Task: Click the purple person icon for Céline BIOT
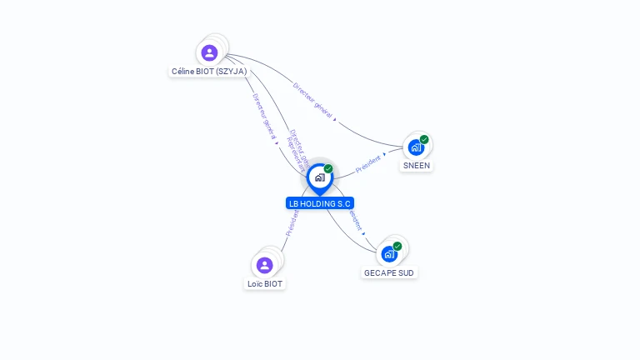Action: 209,52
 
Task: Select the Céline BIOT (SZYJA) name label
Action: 209,72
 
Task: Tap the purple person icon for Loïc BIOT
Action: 265,265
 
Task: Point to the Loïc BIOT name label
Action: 265,284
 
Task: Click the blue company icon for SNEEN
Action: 416,147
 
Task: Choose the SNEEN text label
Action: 417,166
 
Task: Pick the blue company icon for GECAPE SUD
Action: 389,254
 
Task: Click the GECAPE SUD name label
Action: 389,273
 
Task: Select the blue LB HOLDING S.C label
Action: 320,203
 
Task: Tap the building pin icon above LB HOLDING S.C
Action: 319,177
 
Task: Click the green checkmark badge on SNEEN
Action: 424,139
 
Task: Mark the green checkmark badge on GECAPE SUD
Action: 397,246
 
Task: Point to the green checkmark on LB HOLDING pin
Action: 328,168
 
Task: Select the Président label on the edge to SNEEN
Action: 367,163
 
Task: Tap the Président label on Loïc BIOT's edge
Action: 292,223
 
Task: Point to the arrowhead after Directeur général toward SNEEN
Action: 335,119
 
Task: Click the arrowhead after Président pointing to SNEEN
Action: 384,153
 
